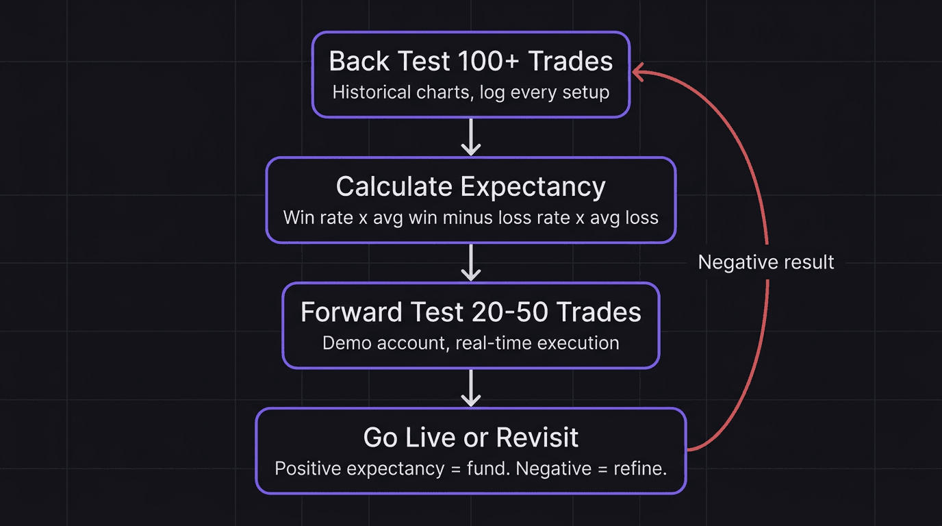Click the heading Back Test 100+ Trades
(x=471, y=61)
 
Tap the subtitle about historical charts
(x=471, y=92)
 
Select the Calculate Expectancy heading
(x=471, y=186)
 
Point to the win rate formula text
(x=471, y=218)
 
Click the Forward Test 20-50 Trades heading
(x=471, y=312)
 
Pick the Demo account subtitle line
(x=471, y=342)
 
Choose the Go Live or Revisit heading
(x=471, y=437)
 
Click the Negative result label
(x=766, y=262)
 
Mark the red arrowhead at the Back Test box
(x=638, y=72)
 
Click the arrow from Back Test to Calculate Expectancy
(x=471, y=137)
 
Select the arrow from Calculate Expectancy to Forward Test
(x=471, y=262)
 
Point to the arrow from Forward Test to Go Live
(x=471, y=388)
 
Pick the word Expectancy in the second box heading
(x=533, y=187)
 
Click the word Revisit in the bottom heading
(x=537, y=437)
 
